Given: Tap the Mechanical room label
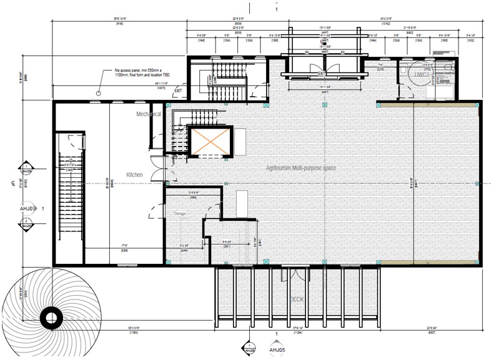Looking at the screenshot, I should (x=149, y=114).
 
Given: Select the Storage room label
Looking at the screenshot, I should (x=180, y=214).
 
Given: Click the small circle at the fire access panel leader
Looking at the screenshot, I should (x=98, y=93).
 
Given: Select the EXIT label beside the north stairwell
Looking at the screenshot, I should (x=179, y=90).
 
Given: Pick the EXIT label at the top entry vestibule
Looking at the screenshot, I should (x=322, y=74).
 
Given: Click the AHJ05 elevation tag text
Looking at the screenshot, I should (x=276, y=351).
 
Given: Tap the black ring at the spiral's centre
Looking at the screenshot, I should (x=50, y=318).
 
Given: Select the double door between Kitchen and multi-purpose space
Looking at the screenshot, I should (x=162, y=173).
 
